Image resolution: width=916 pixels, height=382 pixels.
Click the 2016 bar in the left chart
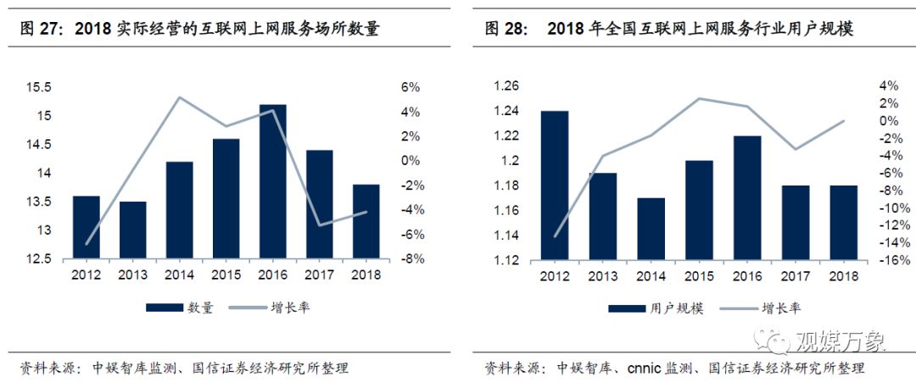272,181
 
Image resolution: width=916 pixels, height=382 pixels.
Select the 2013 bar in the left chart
132,230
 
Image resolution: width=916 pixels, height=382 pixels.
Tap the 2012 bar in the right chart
555,185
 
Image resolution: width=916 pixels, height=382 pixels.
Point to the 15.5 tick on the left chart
38,87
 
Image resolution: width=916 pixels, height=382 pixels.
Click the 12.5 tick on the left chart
38,259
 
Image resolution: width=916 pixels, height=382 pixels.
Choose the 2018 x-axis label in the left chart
365,274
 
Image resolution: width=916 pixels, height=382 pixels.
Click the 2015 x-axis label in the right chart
699,276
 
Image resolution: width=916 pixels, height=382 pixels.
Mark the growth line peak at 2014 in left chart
179,97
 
